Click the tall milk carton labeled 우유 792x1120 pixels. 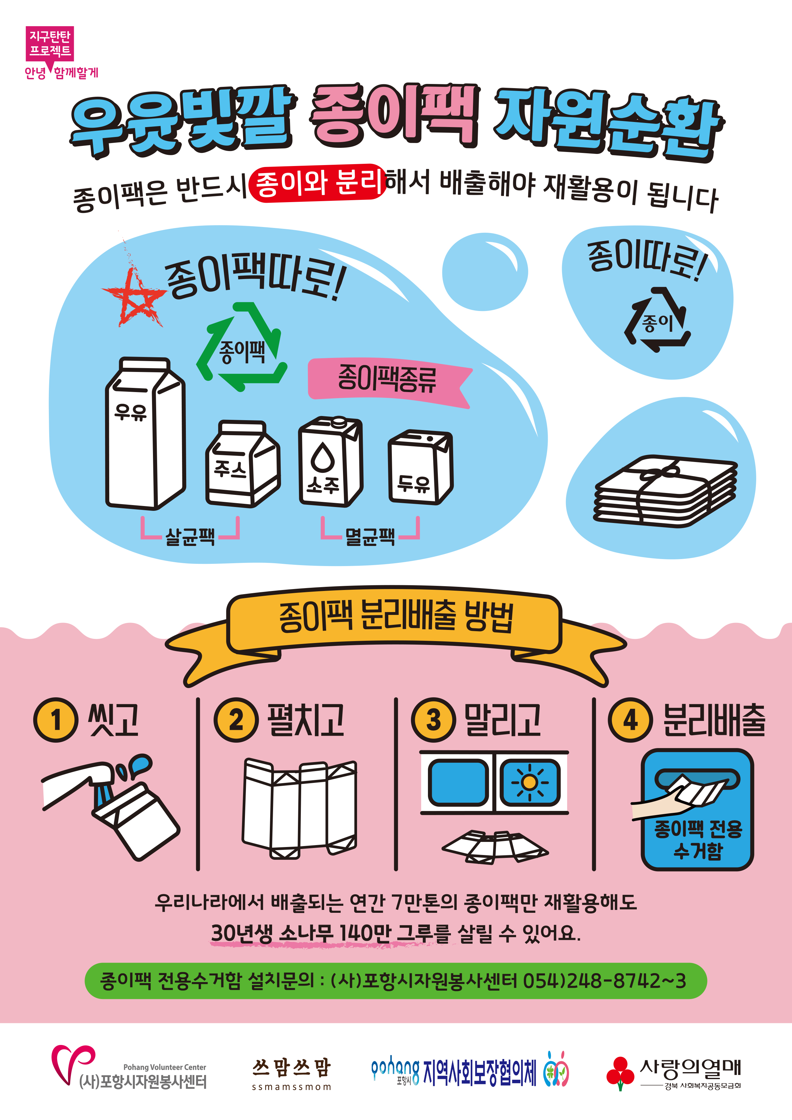145,434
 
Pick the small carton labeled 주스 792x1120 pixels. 242,463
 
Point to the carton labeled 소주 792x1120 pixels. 330,461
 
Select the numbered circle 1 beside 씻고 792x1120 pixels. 56,720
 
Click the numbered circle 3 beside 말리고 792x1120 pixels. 433,720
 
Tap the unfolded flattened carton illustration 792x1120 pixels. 299,809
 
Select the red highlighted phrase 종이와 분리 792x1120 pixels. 317,183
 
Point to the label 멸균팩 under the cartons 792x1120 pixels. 370,537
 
